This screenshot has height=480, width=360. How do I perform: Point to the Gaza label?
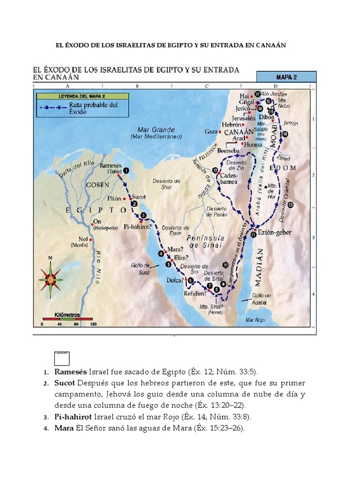click(x=211, y=132)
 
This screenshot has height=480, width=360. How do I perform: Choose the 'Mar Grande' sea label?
click(x=156, y=129)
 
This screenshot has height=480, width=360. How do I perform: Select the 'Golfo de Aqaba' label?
click(x=261, y=299)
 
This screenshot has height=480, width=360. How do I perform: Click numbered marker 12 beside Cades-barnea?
click(x=215, y=170)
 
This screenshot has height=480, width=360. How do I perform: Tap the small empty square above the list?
click(x=62, y=358)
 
